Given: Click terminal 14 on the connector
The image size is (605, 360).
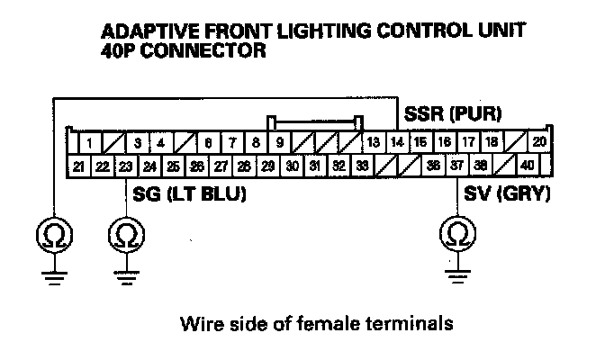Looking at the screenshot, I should (397, 142).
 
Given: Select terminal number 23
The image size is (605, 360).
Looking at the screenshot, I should (126, 166).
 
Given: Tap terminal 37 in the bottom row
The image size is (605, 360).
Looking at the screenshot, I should (457, 166).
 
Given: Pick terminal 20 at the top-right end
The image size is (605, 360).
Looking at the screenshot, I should (538, 142).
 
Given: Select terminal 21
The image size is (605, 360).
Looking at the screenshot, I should (79, 166).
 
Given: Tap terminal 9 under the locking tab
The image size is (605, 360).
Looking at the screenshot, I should (279, 142).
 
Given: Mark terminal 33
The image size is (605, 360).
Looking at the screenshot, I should (362, 166).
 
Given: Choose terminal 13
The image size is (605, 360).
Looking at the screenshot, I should (373, 142).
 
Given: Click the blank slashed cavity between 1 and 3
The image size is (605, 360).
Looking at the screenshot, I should (113, 142).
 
